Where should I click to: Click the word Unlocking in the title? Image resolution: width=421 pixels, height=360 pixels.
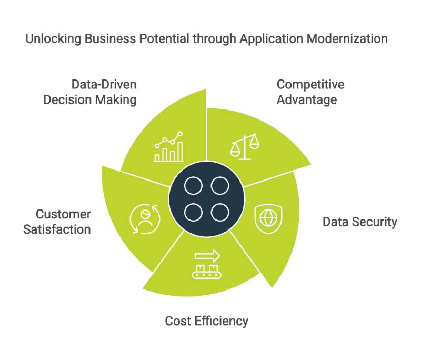pos(50,39)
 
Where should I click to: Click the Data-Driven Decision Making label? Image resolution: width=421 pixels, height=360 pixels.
pos(90,92)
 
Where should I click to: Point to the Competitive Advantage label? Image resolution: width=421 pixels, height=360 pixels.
pos(310,92)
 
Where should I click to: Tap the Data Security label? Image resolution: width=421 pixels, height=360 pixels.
pos(360,222)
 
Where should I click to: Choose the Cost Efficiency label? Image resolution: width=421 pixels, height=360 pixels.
pos(206,321)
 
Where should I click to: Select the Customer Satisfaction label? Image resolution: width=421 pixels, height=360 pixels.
pos(57,222)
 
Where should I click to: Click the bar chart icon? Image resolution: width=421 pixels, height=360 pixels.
pos(168,147)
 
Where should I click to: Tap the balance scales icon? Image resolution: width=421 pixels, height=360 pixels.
pos(245,145)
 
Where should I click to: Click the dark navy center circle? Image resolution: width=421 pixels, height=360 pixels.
pos(206,199)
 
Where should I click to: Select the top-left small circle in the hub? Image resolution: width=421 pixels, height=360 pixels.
pos(194,186)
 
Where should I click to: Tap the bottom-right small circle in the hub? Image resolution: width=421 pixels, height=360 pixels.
pos(219,212)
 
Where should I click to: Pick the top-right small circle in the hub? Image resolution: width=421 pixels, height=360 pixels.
pos(219,186)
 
